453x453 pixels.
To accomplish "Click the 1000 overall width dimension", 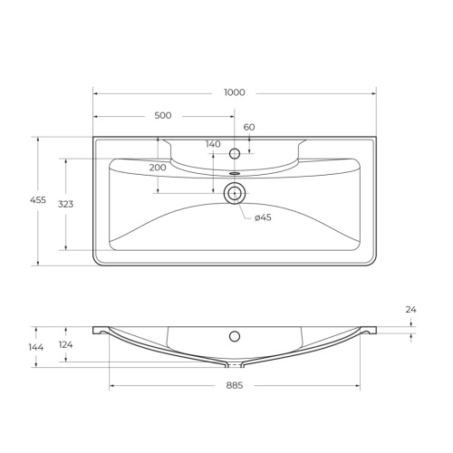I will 235,92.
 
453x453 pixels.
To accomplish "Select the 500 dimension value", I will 163,116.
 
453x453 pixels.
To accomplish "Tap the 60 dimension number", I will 249,128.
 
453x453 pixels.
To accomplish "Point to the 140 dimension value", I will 213,145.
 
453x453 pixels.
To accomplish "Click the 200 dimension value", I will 158,168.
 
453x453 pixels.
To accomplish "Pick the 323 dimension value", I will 65,205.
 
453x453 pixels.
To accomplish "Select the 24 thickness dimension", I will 410,310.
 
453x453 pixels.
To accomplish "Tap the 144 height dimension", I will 36,347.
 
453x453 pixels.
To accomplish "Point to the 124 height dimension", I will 65,344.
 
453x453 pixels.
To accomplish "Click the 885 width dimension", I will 235,385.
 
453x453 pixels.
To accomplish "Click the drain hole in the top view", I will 235,192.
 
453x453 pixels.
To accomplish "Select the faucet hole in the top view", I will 235,153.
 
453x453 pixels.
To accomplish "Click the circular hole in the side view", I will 235,337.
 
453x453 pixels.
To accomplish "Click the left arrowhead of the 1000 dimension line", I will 96,92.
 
